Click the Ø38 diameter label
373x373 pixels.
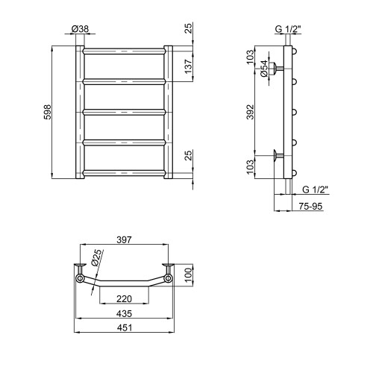click(x=80, y=29)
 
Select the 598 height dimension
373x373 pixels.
click(x=47, y=112)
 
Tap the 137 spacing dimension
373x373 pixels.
click(x=189, y=66)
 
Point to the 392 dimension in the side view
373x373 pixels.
click(x=251, y=112)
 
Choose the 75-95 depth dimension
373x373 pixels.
click(x=310, y=206)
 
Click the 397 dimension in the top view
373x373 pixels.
click(x=124, y=240)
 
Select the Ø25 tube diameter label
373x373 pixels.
click(x=97, y=258)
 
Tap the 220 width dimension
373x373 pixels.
click(x=124, y=298)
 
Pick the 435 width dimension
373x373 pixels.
click(x=124, y=313)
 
